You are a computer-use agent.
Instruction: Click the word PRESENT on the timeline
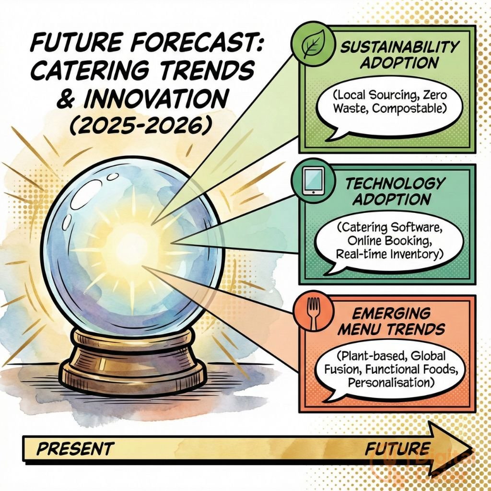pyautogui.click(x=75, y=449)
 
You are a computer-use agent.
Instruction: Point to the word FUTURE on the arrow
pyautogui.click(x=397, y=449)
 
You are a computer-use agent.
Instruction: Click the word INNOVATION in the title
pyautogui.click(x=153, y=100)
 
